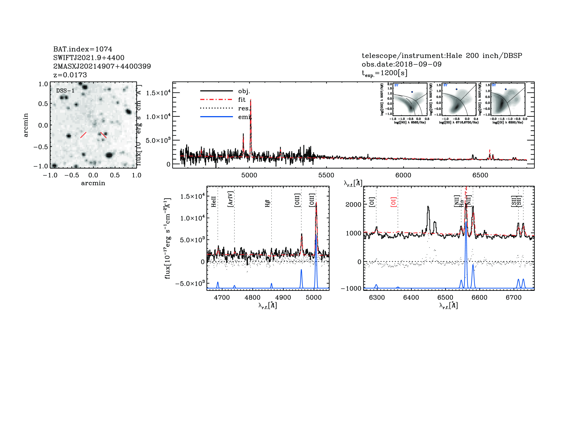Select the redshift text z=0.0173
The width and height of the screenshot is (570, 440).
pos(70,75)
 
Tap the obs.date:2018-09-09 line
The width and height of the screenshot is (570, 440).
pos(401,64)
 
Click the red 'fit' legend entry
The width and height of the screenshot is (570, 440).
pos(242,100)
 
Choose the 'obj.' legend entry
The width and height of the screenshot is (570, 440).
pos(244,91)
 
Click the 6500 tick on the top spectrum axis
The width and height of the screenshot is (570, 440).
pos(480,175)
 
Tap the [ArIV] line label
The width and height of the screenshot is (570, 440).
pos(230,199)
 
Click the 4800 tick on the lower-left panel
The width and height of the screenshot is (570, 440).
pos(252,297)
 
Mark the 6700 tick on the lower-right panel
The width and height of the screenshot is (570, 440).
pos(513,297)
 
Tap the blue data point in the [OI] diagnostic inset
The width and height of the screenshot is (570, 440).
pos(506,89)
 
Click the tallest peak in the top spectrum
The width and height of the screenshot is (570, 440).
pos(251,100)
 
